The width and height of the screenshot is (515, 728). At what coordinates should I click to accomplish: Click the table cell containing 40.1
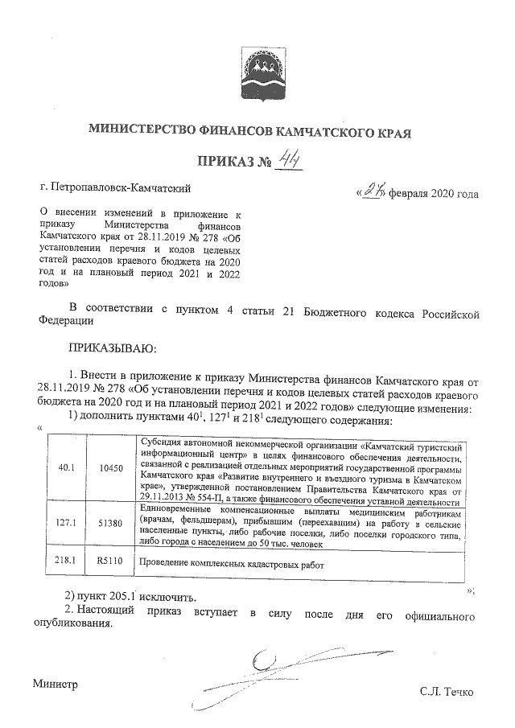(x=67, y=467)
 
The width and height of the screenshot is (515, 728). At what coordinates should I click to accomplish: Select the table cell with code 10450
(x=110, y=467)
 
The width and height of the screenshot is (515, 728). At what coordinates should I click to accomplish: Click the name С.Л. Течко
(x=447, y=693)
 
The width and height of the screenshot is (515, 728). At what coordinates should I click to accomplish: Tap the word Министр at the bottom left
(x=56, y=684)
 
